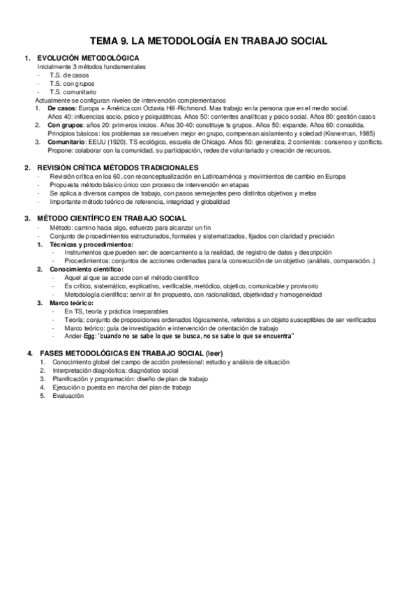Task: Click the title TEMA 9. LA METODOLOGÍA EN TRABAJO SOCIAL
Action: point(209,42)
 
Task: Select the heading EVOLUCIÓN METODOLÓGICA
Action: point(86,58)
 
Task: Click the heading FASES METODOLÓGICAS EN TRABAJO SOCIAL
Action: point(120,355)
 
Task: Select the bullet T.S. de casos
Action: point(69,75)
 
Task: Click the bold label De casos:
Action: point(61,109)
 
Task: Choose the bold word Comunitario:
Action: point(68,142)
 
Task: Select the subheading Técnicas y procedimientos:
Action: point(89,244)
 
